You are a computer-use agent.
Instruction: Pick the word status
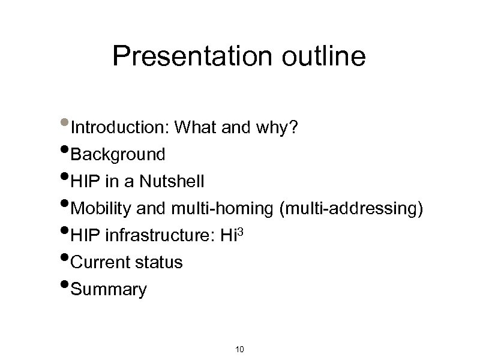(x=161, y=263)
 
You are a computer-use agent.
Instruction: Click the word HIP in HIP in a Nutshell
(x=85, y=182)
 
